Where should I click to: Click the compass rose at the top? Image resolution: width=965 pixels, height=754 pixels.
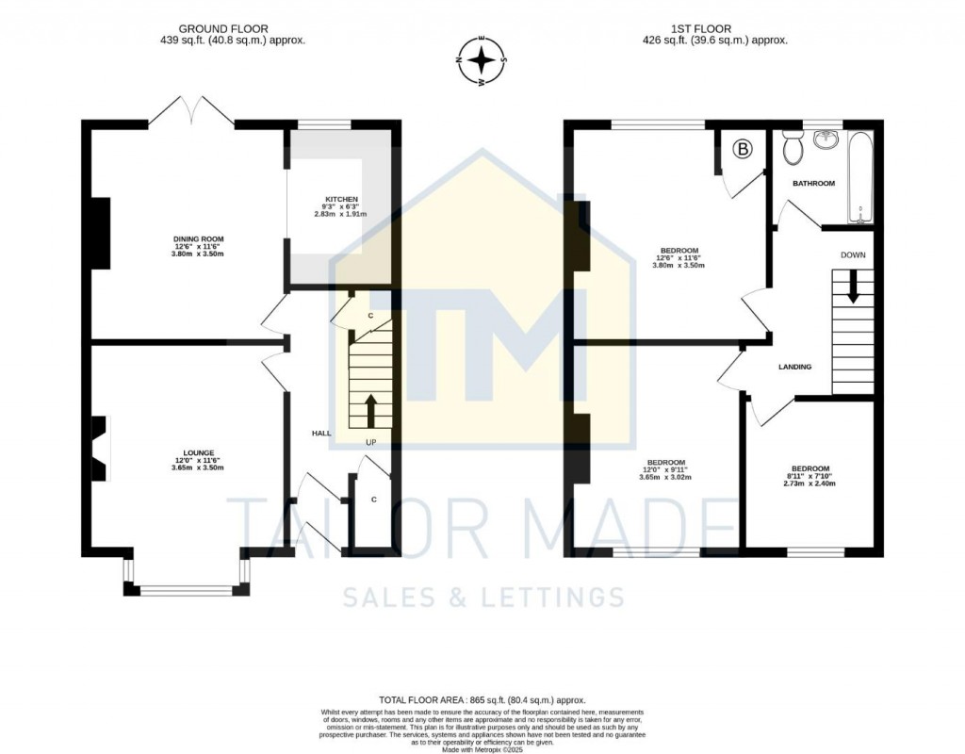[482, 63]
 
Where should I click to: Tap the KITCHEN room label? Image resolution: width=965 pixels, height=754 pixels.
[340, 200]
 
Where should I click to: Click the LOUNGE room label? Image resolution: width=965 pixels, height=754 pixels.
[198, 452]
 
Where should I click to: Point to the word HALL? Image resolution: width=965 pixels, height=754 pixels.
[321, 433]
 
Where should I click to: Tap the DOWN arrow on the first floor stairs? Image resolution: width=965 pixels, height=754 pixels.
[853, 286]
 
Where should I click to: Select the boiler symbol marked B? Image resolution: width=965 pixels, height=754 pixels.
[743, 149]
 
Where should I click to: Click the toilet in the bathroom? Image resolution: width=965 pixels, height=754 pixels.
[792, 148]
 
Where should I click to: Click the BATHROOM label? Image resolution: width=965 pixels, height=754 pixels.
[813, 184]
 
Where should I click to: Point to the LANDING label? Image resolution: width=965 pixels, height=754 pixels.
[794, 367]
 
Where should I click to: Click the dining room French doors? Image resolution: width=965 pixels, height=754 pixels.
[191, 112]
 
